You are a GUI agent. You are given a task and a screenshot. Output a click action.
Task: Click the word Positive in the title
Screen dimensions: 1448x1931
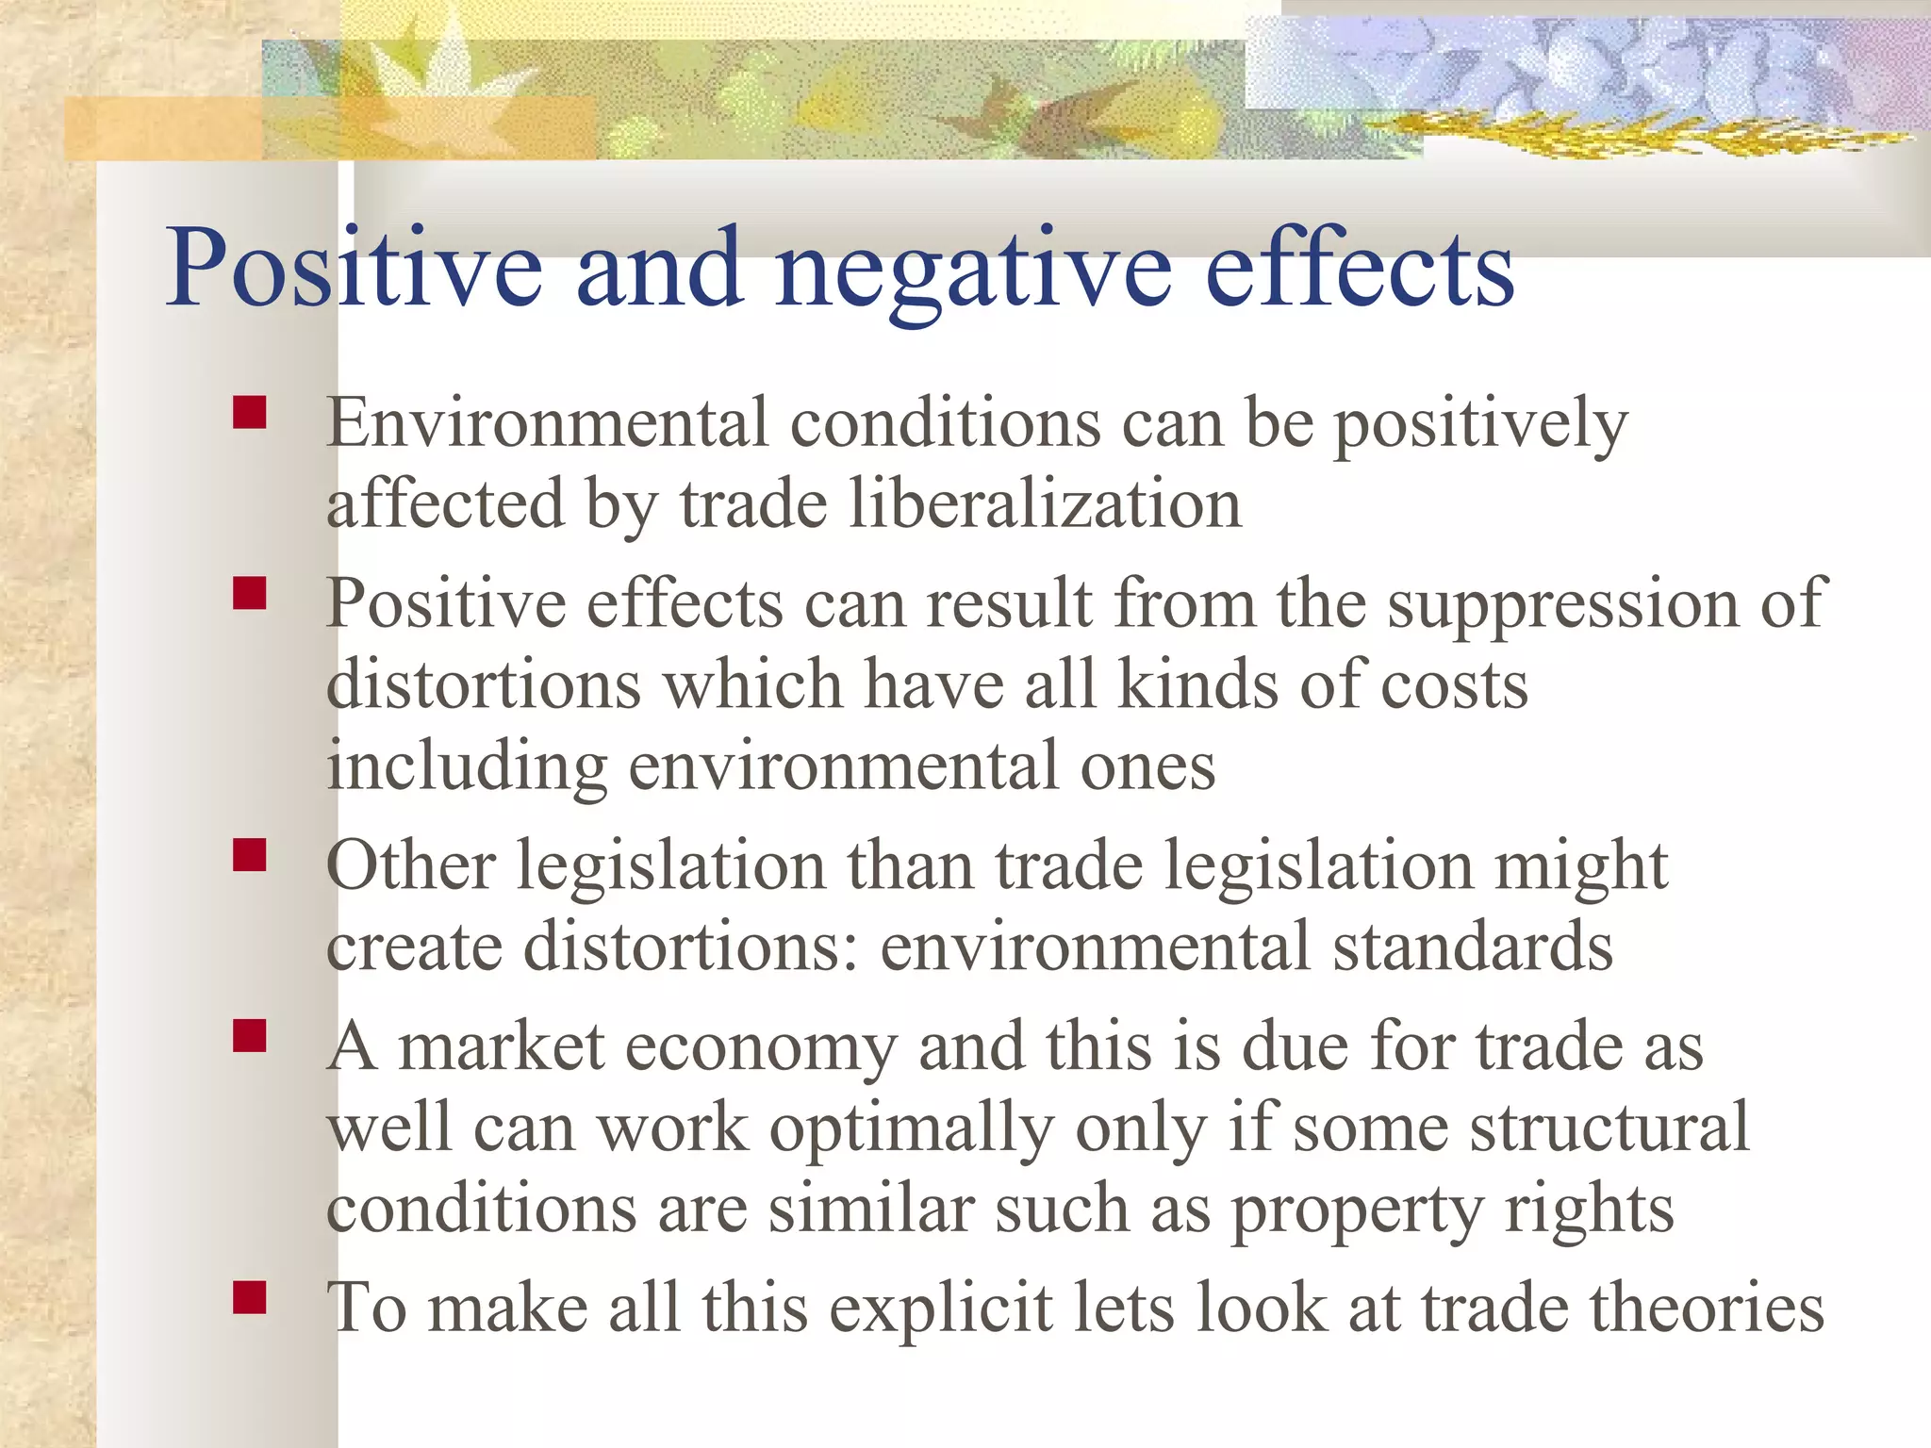[x=354, y=269]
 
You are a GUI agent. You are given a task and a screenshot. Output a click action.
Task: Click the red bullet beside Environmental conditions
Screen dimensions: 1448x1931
[x=250, y=413]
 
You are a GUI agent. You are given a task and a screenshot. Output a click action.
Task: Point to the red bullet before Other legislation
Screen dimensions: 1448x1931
[x=250, y=855]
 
